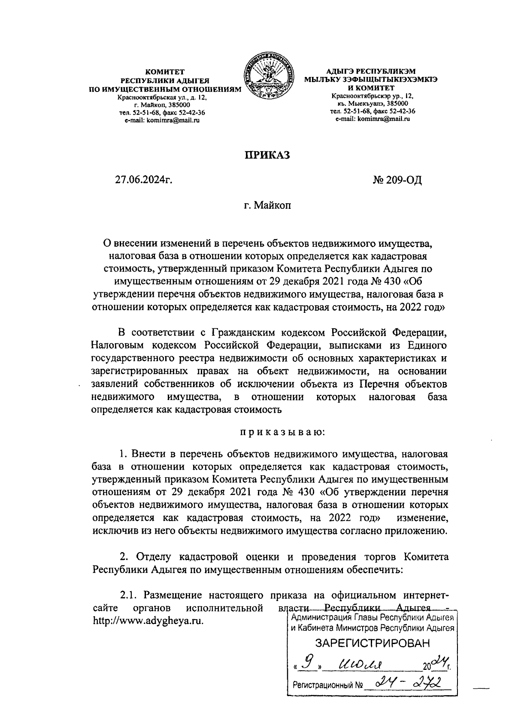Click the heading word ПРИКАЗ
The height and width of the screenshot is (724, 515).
pos(267,155)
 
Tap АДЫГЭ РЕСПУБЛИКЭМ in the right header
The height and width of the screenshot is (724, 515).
pos(371,71)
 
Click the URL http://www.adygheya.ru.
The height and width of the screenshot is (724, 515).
pos(148,621)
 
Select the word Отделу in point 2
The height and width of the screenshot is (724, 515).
pos(154,557)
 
